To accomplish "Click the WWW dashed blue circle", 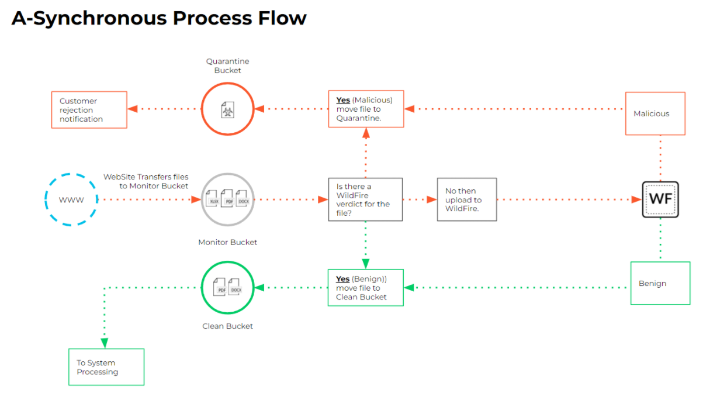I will click(71, 200).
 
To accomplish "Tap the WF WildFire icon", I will click(660, 199).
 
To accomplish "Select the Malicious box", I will click(654, 113).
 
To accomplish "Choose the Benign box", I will click(660, 284).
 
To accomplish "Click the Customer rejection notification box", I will click(89, 110).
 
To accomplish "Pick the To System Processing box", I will click(106, 367).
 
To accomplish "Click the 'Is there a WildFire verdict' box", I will click(365, 199).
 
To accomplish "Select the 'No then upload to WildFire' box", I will click(466, 199).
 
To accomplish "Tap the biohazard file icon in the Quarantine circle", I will click(227, 111).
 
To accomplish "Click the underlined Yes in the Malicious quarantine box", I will click(343, 100).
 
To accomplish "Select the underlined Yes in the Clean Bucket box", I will click(342, 279).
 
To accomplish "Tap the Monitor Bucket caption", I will click(227, 242).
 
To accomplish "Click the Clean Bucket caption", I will click(227, 326).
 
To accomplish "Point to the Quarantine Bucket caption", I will click(227, 65).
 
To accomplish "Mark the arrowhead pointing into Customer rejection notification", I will click(132, 109).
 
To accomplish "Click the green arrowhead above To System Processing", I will click(105, 342).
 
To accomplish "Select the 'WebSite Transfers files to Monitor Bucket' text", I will click(146, 181).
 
